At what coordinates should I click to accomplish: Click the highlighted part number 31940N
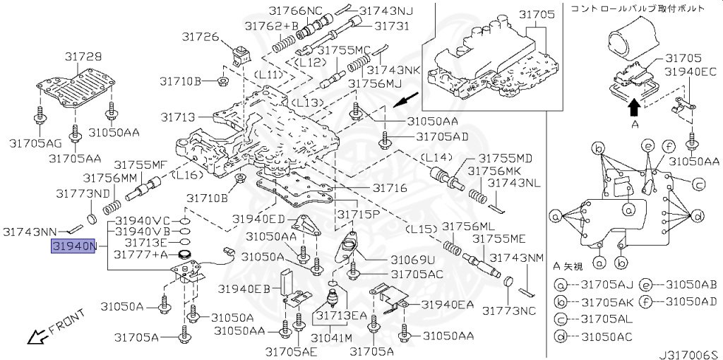coord(73,246)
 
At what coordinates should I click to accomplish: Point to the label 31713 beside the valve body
coord(179,117)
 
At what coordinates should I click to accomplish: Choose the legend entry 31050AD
coord(691,302)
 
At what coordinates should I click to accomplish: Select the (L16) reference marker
coord(186,174)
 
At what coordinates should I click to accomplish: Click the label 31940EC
coord(691,72)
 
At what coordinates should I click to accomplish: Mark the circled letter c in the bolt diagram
coord(698,186)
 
